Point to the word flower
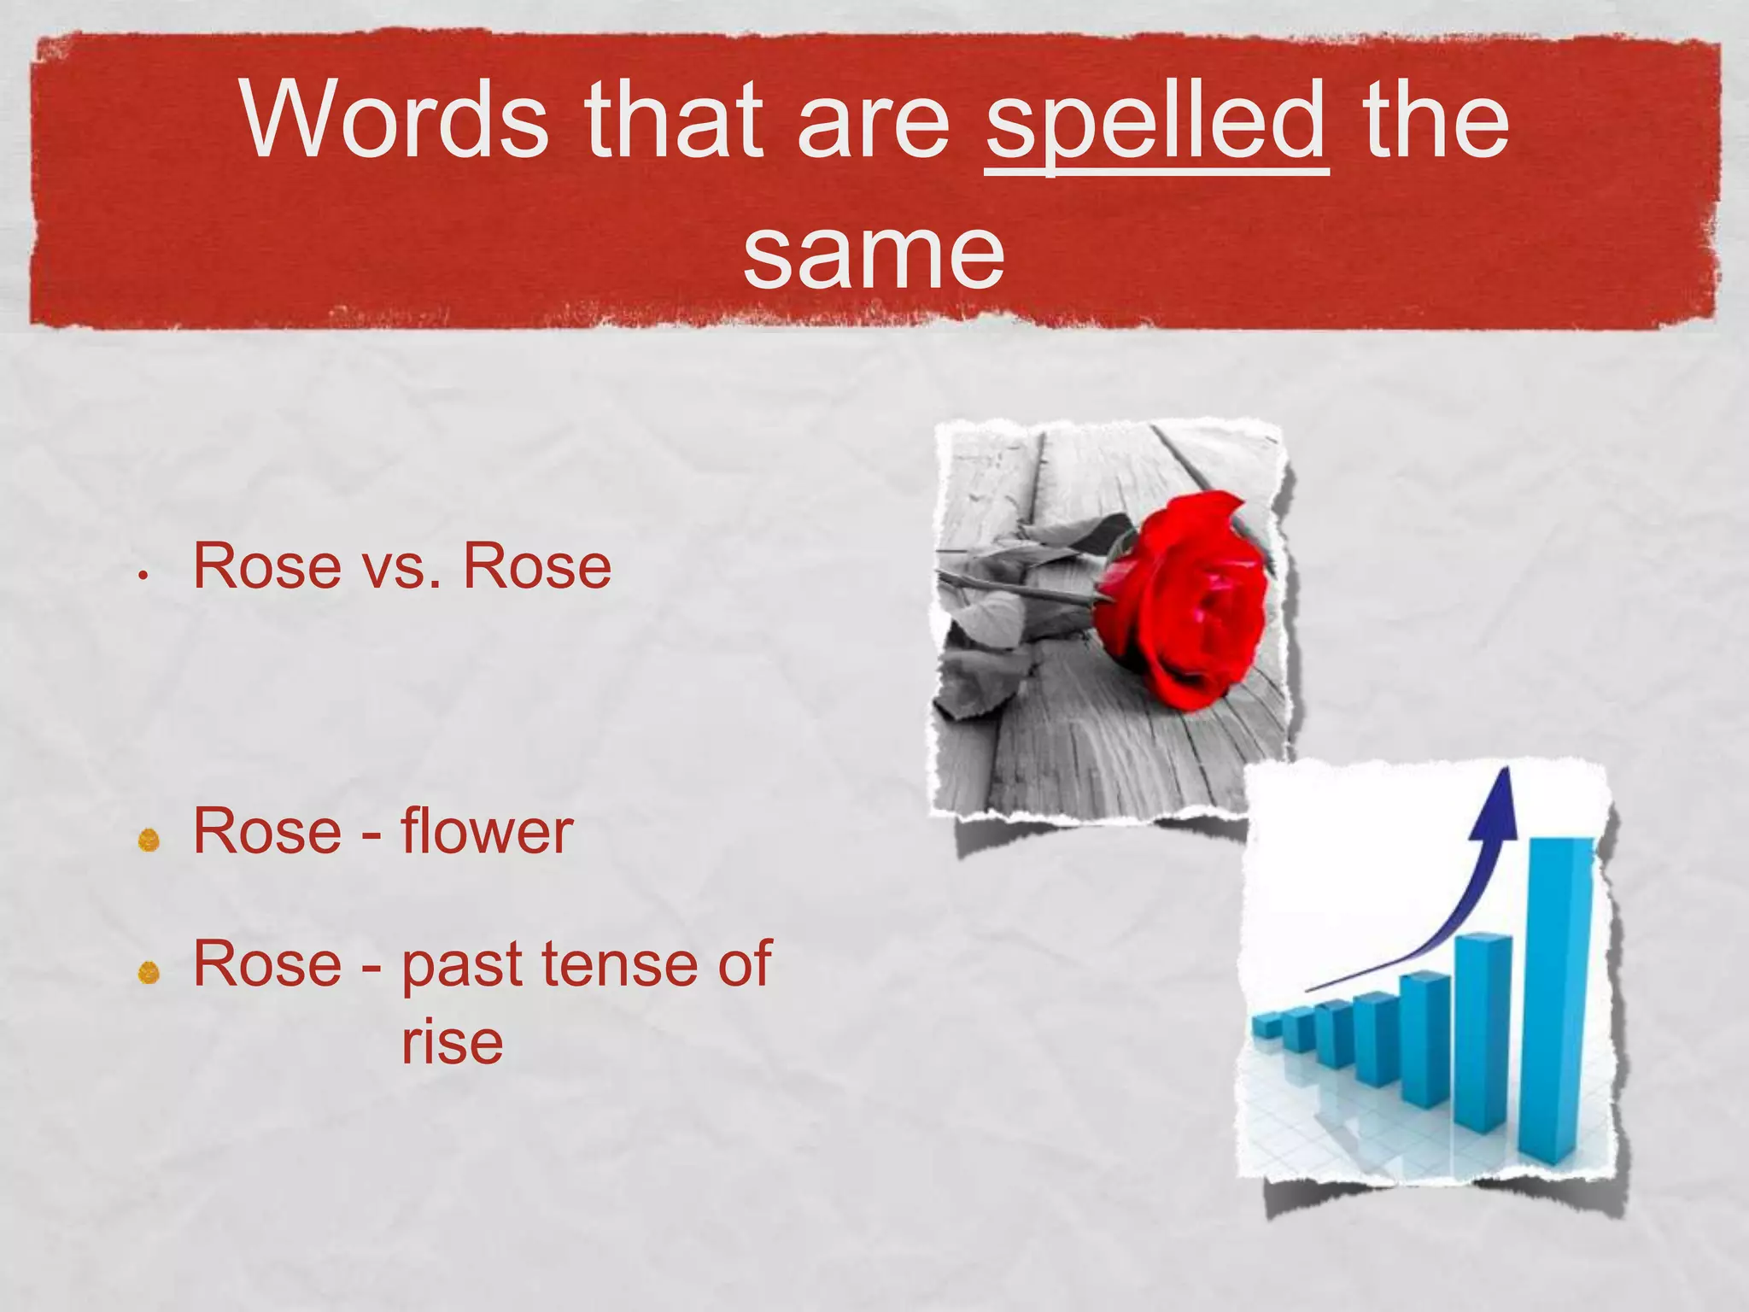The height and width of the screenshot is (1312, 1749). pos(487,832)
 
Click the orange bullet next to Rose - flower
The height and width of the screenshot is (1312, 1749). pos(149,840)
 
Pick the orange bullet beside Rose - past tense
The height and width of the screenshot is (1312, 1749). pos(149,972)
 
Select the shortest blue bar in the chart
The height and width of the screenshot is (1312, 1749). pos(1266,1025)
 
